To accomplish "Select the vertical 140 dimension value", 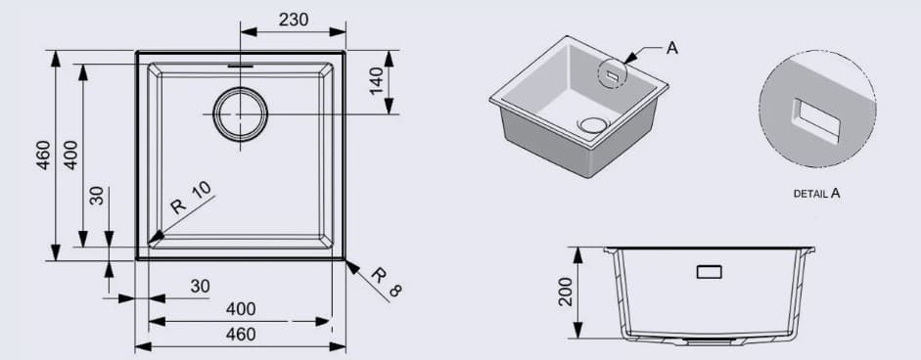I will tap(375, 82).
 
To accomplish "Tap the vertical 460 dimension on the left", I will tap(42, 155).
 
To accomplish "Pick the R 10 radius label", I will tap(190, 199).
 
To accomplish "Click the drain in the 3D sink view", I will tap(593, 124).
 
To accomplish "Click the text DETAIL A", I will tap(816, 194).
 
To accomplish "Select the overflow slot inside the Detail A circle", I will tap(815, 121).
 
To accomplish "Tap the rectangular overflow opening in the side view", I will tap(709, 272).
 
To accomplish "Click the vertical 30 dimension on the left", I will tap(96, 195).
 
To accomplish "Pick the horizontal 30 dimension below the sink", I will tap(200, 286).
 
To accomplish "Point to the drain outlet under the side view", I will tap(712, 342).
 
